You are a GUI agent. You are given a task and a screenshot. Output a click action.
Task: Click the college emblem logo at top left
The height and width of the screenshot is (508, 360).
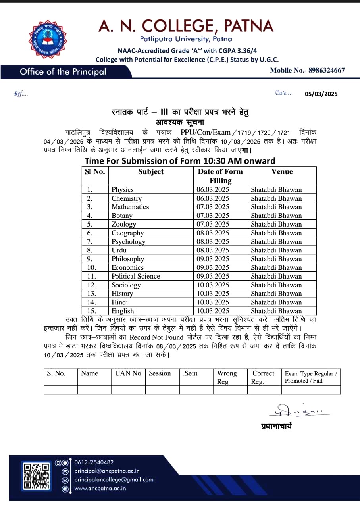(47, 39)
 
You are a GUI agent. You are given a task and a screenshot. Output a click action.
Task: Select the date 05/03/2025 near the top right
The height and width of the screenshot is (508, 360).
(321, 94)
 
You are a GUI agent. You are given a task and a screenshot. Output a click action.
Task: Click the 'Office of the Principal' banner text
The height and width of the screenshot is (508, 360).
(63, 72)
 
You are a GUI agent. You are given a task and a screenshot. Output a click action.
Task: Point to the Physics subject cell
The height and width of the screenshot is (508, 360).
(123, 190)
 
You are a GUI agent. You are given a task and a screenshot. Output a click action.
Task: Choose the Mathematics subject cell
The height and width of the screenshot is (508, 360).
(130, 207)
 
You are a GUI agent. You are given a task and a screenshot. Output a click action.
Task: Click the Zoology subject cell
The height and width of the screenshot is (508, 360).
(123, 224)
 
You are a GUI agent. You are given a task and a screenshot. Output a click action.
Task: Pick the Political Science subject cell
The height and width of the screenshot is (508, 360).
(136, 276)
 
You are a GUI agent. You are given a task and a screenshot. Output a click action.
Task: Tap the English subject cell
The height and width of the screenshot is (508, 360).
(123, 311)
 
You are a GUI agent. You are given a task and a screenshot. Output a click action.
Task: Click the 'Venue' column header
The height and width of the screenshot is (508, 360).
(282, 172)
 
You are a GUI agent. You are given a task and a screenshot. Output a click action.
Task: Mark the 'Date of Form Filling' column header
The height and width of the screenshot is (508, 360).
(220, 176)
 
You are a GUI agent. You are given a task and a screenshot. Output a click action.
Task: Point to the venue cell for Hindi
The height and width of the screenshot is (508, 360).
(276, 302)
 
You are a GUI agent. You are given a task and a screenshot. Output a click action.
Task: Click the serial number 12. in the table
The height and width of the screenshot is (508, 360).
(92, 285)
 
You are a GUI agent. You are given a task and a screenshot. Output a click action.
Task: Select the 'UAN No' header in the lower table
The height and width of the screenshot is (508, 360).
(128, 373)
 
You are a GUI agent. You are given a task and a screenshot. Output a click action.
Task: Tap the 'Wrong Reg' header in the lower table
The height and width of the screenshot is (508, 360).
(227, 377)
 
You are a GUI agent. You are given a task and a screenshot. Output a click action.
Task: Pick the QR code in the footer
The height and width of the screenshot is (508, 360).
(36, 476)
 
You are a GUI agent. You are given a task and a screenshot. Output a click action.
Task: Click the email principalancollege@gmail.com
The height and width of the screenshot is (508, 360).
(114, 480)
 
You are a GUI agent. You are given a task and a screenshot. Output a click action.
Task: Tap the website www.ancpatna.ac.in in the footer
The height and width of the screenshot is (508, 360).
(100, 488)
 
